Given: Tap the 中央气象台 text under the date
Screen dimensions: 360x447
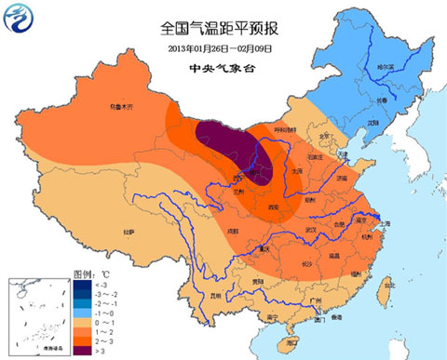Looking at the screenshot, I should pos(223,68).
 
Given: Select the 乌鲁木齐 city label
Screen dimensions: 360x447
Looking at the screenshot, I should pos(122,108).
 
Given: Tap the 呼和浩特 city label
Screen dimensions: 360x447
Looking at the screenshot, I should pos(284,130).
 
